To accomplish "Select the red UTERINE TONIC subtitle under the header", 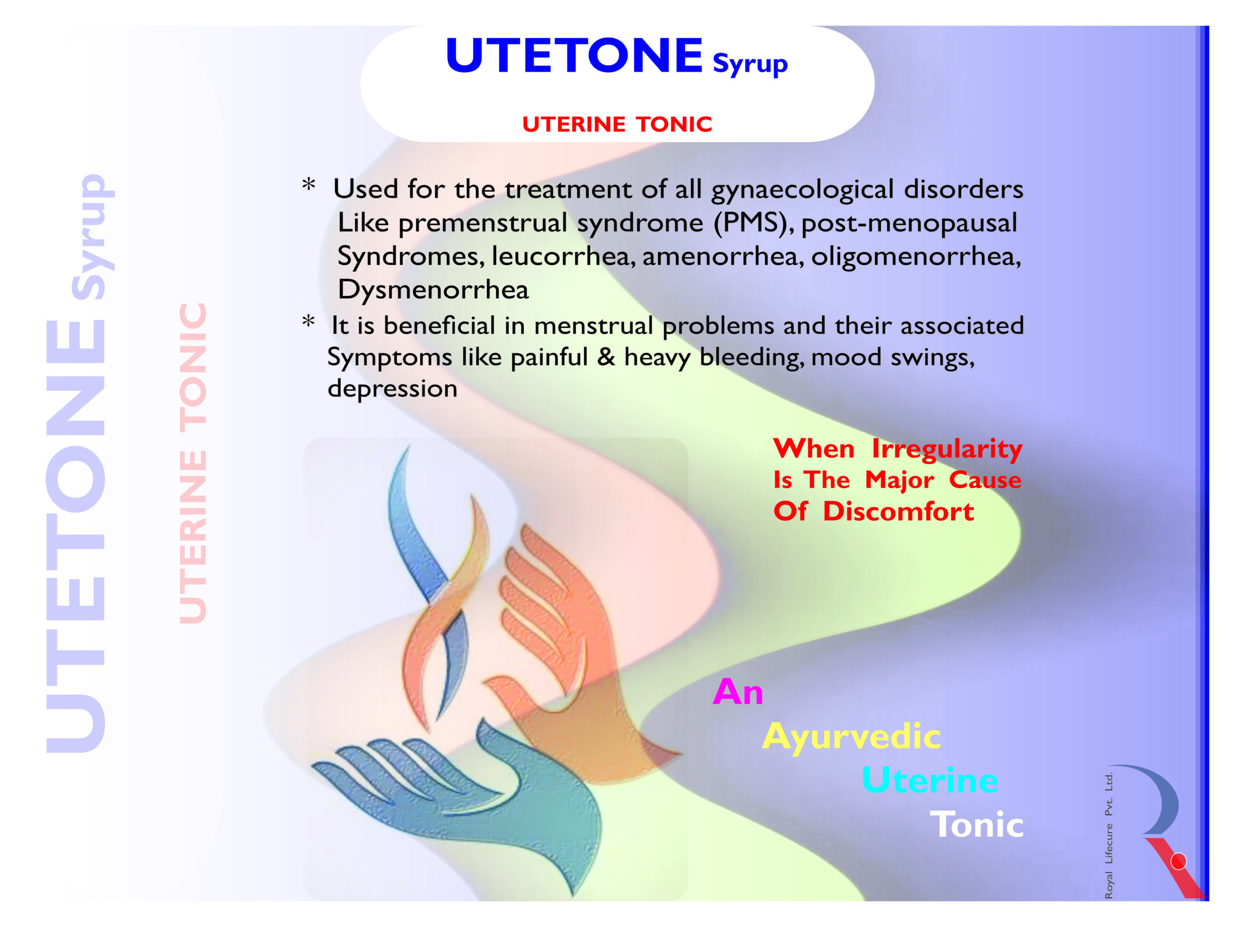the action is pyautogui.click(x=617, y=124).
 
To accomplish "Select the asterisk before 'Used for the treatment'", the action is pyautogui.click(x=309, y=184).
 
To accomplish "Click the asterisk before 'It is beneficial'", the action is pyautogui.click(x=308, y=322).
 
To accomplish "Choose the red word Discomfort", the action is pyautogui.click(x=898, y=511).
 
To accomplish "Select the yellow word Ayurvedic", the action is pyautogui.click(x=851, y=737).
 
